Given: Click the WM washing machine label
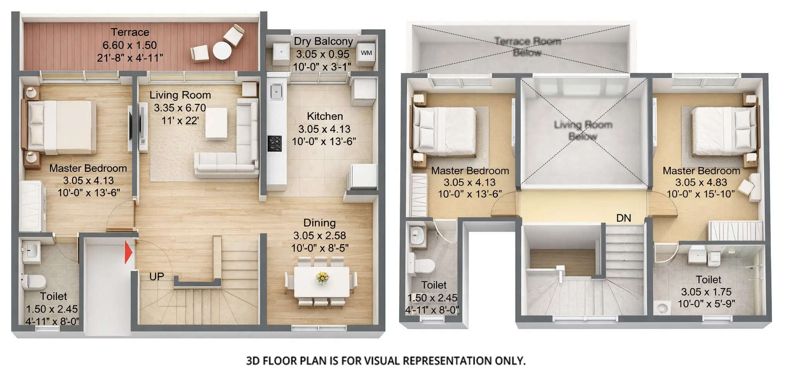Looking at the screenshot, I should click(x=366, y=53).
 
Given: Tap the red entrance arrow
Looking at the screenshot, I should click(x=128, y=252).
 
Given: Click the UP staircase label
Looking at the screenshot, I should click(x=156, y=277).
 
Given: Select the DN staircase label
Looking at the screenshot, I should click(x=624, y=218).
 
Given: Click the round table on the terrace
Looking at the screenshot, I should click(x=222, y=50).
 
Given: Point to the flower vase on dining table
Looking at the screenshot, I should click(x=322, y=277).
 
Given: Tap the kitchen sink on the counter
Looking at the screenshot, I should click(x=276, y=92).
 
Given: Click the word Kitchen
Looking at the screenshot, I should click(x=325, y=116).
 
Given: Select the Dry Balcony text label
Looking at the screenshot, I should click(x=323, y=41).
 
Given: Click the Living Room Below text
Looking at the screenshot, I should click(x=583, y=131).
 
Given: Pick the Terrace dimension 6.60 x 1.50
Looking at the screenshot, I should click(x=129, y=45).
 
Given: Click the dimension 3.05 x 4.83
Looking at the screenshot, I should click(x=701, y=182).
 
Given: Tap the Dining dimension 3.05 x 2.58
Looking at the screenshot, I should click(x=319, y=236).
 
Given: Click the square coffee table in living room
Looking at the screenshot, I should click(x=216, y=123).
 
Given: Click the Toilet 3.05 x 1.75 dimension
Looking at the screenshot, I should click(x=706, y=292).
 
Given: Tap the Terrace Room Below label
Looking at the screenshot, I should click(x=527, y=46).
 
